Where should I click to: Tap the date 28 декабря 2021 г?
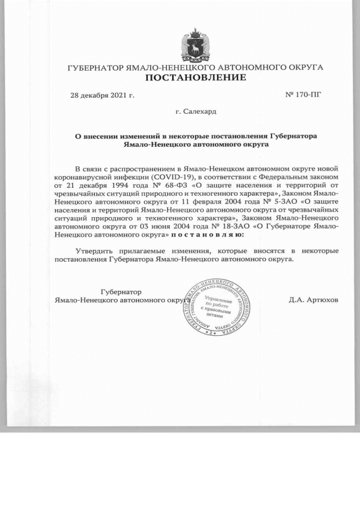coord(102,95)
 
